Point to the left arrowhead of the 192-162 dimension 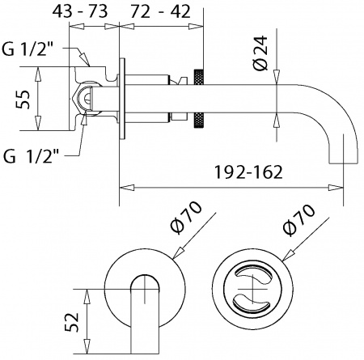(124, 188)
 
